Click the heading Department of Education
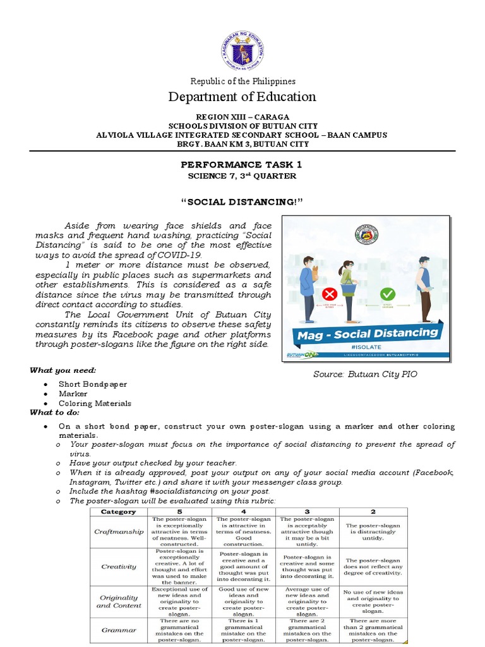click(242, 97)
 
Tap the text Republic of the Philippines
click(242, 81)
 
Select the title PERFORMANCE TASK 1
click(242, 164)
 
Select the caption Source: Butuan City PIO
click(365, 374)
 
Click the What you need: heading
click(63, 370)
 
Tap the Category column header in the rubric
click(119, 511)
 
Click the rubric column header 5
click(179, 511)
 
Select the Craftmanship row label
click(119, 531)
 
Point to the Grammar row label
click(119, 630)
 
